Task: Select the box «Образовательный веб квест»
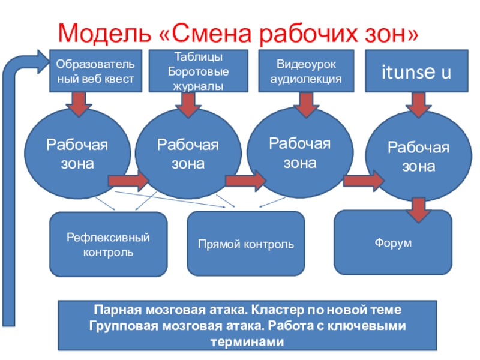click(95, 71)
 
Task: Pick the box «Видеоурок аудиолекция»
click(306, 71)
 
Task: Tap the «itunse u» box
click(416, 73)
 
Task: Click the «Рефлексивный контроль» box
click(108, 244)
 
